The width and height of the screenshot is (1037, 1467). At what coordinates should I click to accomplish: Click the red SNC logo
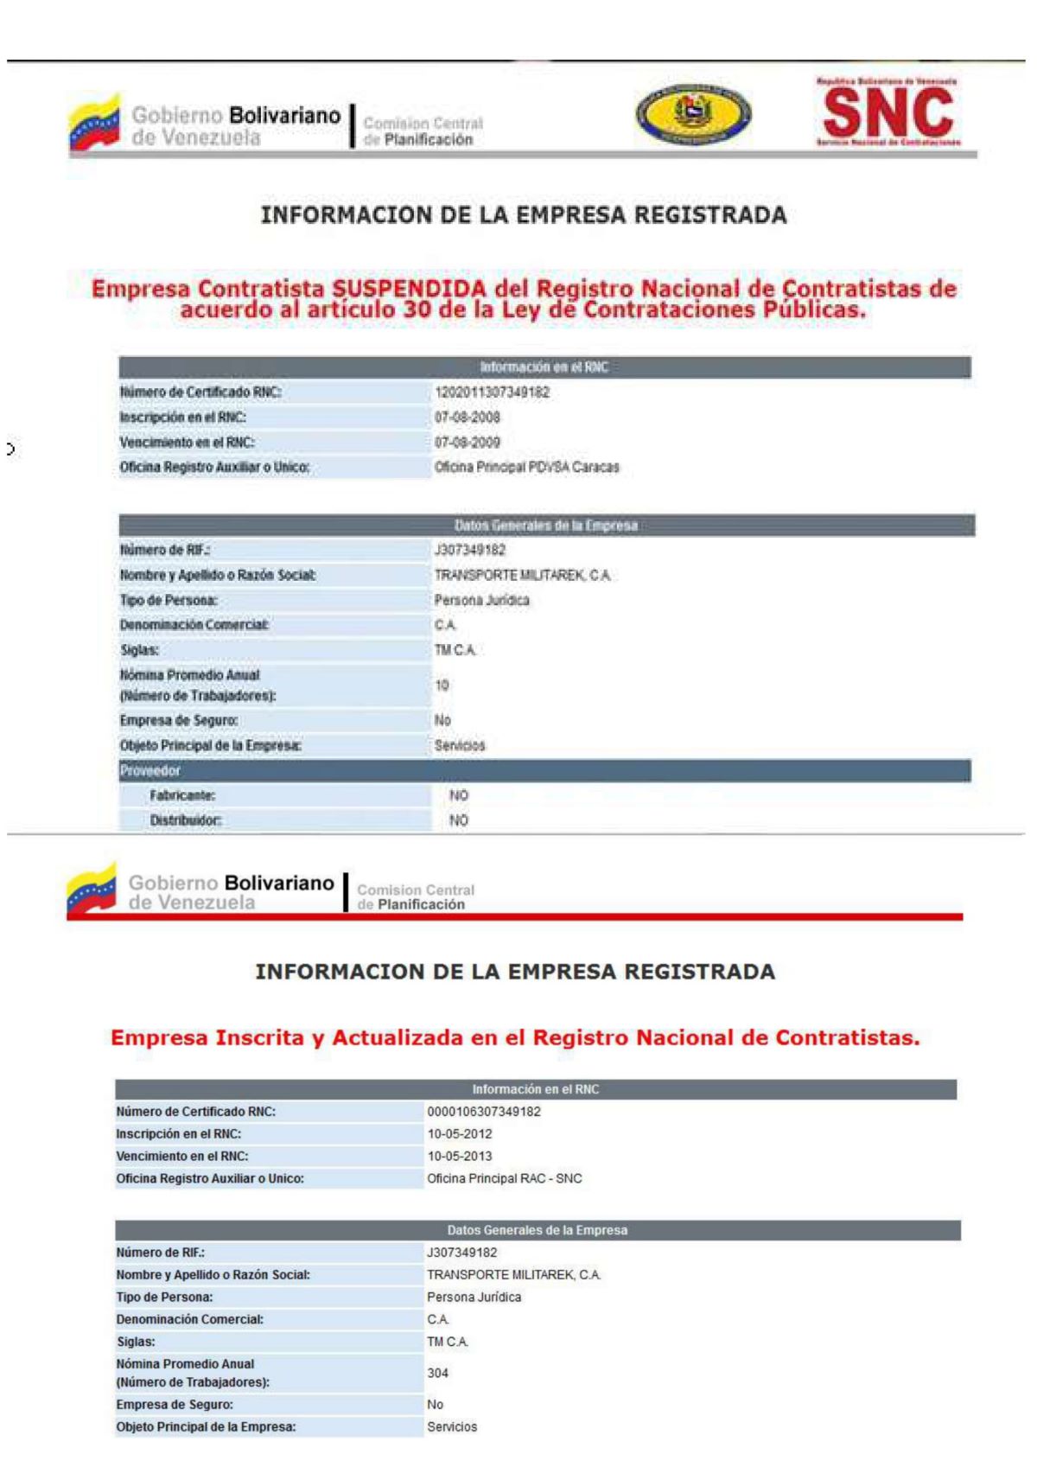[x=887, y=113]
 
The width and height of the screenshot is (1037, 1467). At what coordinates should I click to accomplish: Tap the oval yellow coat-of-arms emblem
[x=693, y=115]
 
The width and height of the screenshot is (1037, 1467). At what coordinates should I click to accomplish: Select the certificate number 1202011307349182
[x=492, y=392]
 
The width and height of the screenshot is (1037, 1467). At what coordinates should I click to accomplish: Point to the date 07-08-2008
[x=467, y=418]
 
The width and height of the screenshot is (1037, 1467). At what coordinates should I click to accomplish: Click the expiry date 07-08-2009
[x=467, y=443]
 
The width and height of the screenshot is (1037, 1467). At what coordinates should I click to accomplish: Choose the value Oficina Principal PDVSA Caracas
[x=526, y=468]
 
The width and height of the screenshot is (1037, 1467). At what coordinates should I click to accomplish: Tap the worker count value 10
[x=442, y=686]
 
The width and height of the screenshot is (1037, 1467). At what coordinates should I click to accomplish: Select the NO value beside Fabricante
[x=459, y=795]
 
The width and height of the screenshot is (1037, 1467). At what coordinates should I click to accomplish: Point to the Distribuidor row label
[x=185, y=820]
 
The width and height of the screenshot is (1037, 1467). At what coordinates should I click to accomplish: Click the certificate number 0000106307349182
[x=484, y=1112]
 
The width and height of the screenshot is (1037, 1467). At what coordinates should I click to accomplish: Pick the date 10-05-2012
[x=460, y=1134]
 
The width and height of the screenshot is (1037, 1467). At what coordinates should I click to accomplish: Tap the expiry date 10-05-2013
[x=460, y=1157]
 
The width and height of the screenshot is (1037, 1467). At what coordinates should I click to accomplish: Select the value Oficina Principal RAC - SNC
[x=505, y=1179]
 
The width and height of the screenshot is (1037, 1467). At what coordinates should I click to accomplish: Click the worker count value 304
[x=437, y=1373]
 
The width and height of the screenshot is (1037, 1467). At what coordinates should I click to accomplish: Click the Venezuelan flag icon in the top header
[x=94, y=124]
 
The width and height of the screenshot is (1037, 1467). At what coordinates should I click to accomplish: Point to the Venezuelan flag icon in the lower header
[x=92, y=890]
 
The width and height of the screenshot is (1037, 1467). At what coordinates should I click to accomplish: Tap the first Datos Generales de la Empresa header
[x=545, y=526]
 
